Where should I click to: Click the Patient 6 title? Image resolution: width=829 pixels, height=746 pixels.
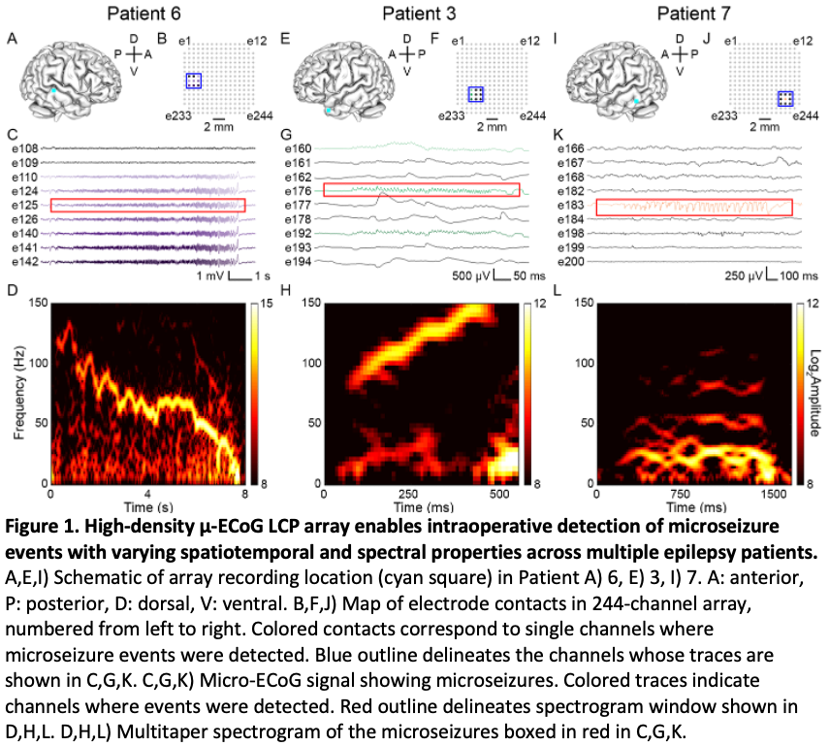coord(143,13)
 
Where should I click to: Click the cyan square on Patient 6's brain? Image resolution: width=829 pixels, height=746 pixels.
coord(54,89)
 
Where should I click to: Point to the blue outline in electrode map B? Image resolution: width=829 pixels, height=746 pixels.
coord(195,81)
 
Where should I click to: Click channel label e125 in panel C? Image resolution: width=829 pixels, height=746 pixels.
coord(24,206)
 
